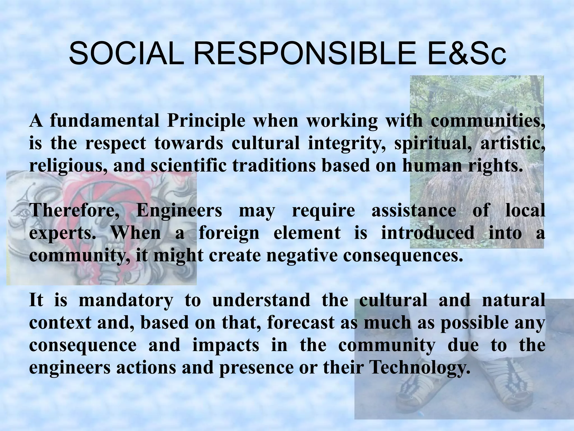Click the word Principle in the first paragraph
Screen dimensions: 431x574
pos(206,121)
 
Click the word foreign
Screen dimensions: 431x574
pos(229,233)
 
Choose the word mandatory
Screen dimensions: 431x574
pos(126,300)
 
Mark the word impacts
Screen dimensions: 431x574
pos(226,345)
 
